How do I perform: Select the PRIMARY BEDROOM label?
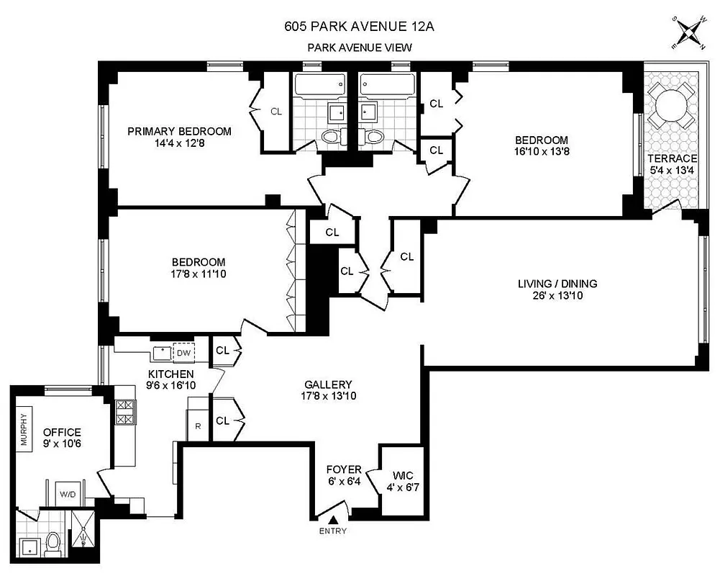click(x=179, y=131)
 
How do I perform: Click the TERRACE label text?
click(x=673, y=158)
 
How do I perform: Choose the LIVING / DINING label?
click(x=557, y=284)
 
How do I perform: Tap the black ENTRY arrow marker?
click(x=333, y=519)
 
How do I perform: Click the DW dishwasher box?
click(x=183, y=353)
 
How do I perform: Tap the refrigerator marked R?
click(x=198, y=426)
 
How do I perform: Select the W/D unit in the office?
click(x=68, y=495)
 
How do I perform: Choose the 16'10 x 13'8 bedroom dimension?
click(x=541, y=152)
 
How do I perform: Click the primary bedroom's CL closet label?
click(x=276, y=112)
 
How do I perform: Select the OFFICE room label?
click(x=63, y=432)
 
